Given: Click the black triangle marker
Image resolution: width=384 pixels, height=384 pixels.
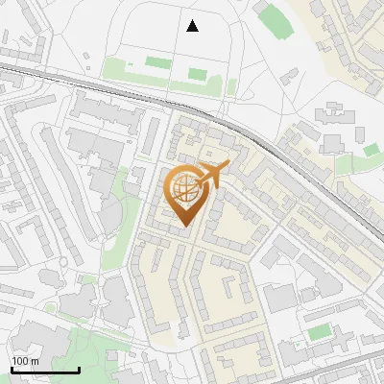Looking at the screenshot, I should click(192, 26).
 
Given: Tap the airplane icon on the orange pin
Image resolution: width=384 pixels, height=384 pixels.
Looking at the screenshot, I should click(215, 176).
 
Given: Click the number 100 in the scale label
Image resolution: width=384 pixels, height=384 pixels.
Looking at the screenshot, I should click(20, 361).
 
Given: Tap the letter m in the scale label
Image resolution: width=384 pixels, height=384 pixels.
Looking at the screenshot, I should click(35, 361).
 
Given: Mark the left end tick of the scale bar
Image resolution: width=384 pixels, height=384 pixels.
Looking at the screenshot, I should click(12, 369).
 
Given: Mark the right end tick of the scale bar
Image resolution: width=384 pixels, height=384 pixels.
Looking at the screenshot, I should click(79, 369).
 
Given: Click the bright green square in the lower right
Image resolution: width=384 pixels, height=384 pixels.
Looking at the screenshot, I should click(320, 332).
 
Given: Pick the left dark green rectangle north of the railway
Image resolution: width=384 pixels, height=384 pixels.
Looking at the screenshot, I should click(156, 64).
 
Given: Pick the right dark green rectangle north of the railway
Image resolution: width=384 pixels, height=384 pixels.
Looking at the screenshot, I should click(198, 73).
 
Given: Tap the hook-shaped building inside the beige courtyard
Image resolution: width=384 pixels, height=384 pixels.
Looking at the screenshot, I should click(231, 288).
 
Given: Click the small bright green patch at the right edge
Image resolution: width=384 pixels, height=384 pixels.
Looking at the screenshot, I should click(371, 151).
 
